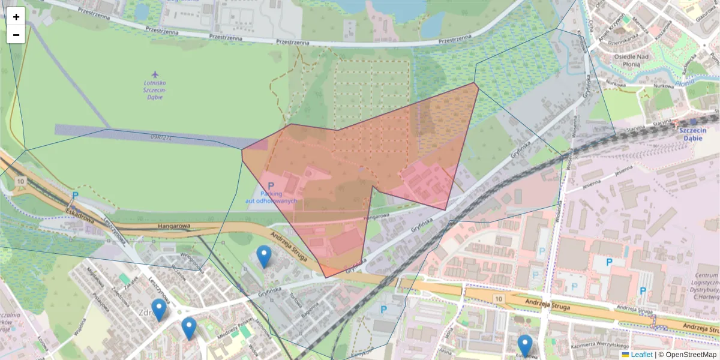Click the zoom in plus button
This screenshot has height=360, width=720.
pos(16,17)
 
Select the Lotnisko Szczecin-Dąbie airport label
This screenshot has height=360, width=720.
pos(155,89)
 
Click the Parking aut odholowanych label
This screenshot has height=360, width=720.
pos(271,197)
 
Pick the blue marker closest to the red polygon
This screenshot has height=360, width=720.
pos(264,256)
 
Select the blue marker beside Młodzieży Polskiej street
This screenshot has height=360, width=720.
pos(189,328)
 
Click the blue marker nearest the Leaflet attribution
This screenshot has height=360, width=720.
pos(525,346)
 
